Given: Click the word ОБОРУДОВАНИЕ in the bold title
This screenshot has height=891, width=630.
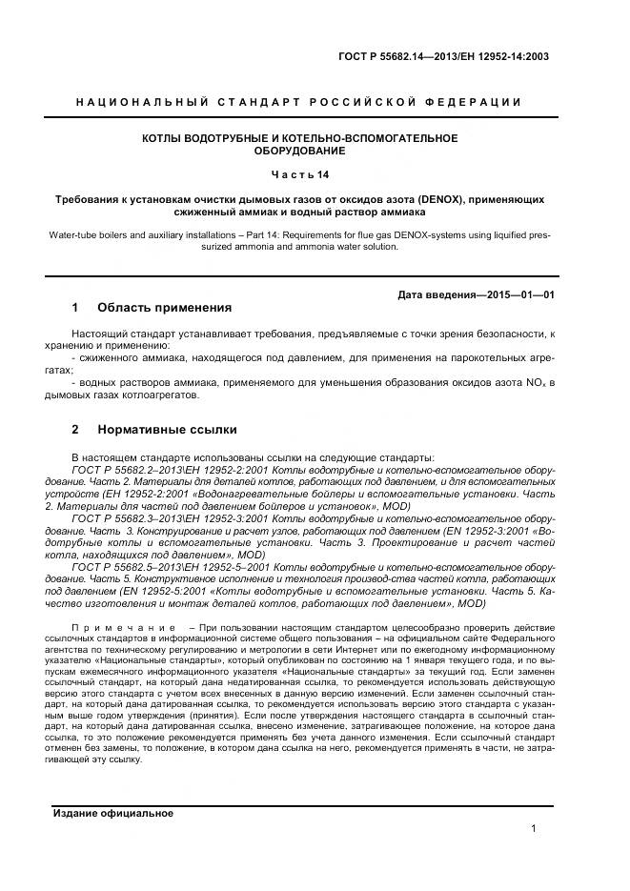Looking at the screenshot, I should click(299, 151).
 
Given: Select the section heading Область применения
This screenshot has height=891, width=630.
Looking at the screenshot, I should click(164, 308).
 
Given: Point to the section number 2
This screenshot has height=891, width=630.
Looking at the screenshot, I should click(75, 430).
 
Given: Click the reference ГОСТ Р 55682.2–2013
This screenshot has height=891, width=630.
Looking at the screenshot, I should click(123, 471).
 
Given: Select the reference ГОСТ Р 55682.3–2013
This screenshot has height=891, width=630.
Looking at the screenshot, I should click(123, 517).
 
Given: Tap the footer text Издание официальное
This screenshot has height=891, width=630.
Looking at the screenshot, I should click(112, 813).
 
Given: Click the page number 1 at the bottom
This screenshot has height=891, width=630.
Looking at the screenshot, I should click(534, 829).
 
